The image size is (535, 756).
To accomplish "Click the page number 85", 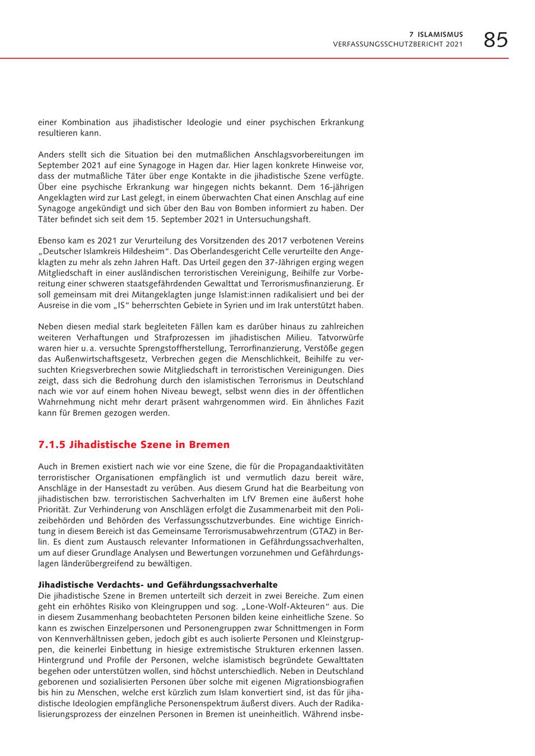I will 495,40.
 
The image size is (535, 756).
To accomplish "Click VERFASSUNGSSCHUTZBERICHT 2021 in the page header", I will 398,45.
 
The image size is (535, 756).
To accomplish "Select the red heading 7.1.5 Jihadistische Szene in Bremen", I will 134,445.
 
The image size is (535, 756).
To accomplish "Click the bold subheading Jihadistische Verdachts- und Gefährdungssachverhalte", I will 158,585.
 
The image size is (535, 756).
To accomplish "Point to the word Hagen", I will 223,165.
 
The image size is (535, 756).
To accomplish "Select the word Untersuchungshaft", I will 269,219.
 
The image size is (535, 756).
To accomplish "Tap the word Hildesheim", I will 135,251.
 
